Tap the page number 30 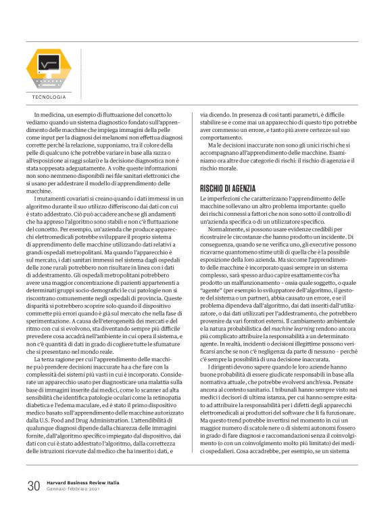[x=34, y=486]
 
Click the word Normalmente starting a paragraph [x=229, y=229]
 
